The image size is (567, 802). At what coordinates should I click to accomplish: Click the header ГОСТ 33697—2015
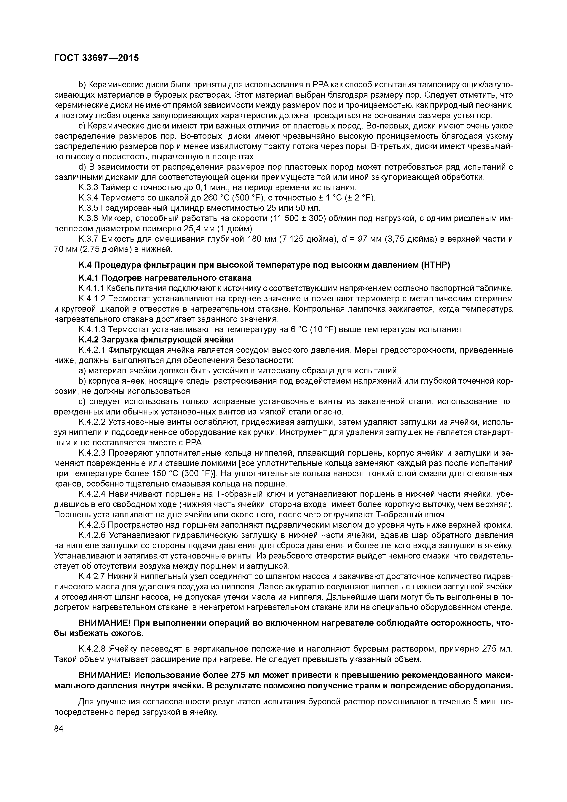pos(96,58)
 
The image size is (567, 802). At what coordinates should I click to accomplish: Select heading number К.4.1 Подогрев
pos(90,278)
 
